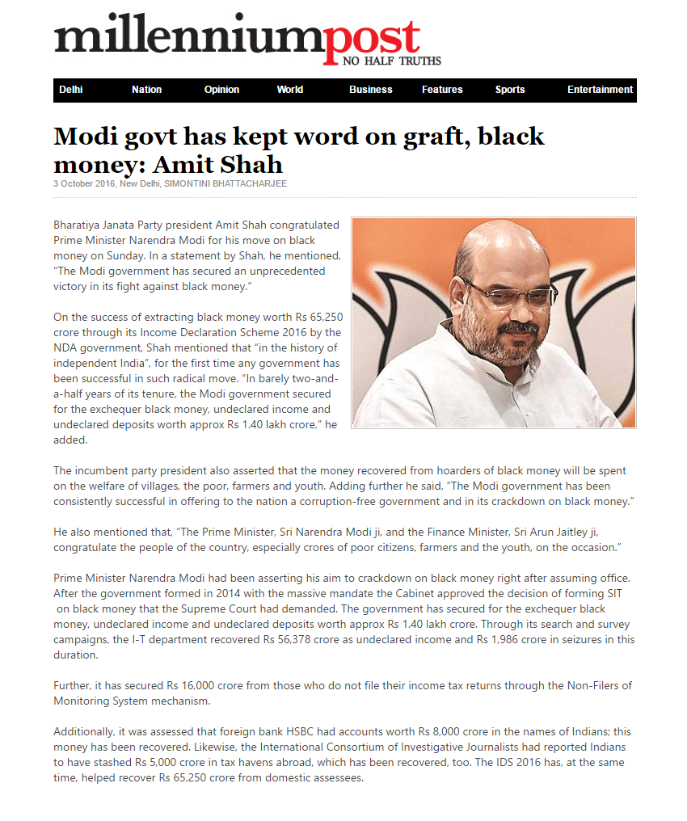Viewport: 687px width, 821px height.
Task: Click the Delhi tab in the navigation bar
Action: pos(71,90)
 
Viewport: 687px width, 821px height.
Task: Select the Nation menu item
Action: pos(146,90)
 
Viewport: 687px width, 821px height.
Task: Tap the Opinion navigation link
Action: pos(221,90)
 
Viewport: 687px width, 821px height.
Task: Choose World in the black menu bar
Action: pos(289,90)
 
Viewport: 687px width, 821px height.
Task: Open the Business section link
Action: pos(370,90)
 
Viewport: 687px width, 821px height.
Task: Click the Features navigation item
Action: pos(442,90)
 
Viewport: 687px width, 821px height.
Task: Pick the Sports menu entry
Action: pos(510,90)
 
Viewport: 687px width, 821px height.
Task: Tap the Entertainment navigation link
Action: pos(600,90)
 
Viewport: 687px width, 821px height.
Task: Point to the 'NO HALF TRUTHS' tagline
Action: pos(392,61)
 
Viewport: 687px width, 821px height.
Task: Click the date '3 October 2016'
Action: pos(84,183)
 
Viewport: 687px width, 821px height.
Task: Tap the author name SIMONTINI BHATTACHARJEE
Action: pos(225,183)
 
